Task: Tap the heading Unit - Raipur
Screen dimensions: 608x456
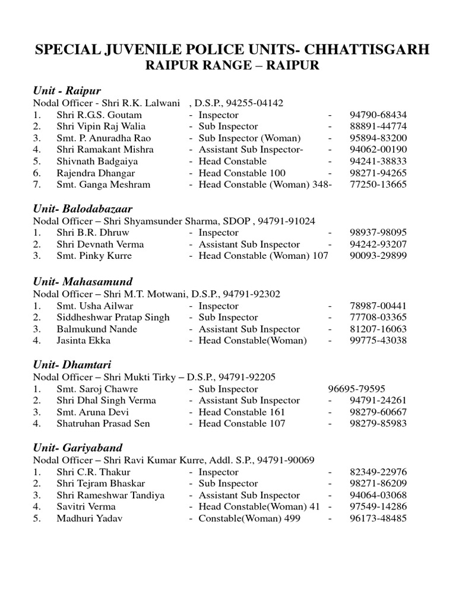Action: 66,91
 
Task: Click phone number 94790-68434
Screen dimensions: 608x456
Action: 378,115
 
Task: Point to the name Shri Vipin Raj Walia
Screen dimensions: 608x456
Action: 101,126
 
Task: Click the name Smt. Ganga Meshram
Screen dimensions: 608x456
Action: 103,185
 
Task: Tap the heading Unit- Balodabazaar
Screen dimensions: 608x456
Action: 82,209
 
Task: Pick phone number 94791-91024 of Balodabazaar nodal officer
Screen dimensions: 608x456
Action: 286,221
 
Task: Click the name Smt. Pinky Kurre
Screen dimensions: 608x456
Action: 94,256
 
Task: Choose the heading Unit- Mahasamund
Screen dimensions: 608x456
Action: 83,281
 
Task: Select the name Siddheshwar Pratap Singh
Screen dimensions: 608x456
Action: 113,318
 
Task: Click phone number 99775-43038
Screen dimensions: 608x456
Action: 378,341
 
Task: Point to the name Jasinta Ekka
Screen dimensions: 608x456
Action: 84,341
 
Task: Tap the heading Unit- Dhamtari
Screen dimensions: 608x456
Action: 72,365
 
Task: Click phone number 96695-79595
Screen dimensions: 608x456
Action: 356,389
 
